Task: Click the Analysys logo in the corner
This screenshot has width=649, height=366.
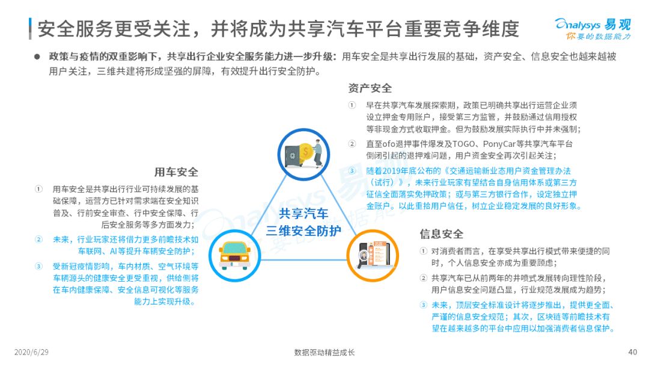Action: tap(593, 29)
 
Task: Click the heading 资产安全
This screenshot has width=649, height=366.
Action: tap(370, 88)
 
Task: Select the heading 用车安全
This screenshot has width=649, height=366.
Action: tap(176, 172)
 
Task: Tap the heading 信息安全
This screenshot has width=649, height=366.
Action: tap(441, 234)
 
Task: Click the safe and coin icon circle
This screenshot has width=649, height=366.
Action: tap(303, 154)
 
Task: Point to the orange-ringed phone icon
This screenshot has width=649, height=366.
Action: tap(373, 256)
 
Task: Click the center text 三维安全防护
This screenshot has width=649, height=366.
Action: tap(303, 231)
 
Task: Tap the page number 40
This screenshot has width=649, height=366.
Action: tap(632, 352)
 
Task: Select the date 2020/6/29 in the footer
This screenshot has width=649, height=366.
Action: tap(31, 352)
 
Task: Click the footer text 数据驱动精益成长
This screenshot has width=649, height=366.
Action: tap(324, 352)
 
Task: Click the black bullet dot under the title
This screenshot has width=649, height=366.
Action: tap(37, 57)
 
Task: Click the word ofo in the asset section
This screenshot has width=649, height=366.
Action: tap(389, 144)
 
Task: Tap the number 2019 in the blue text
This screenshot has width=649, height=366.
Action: tap(392, 171)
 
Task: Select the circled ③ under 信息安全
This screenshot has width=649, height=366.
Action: tap(423, 305)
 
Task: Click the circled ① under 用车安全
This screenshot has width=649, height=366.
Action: tap(38, 189)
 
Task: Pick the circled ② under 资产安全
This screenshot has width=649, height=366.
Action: tap(352, 144)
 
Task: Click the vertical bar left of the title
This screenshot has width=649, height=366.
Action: tap(30, 29)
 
